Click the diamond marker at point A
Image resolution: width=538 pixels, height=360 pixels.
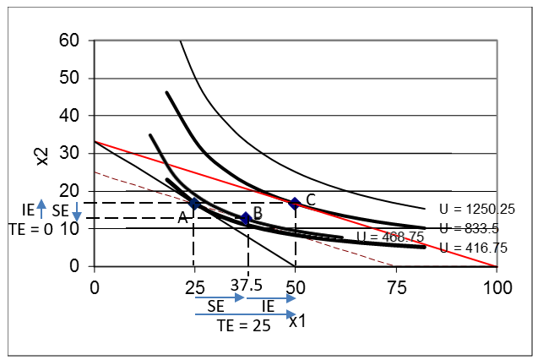194,204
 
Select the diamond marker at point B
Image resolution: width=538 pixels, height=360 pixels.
246,219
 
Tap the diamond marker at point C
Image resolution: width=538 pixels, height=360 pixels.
295,204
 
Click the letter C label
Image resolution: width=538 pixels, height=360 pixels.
311,199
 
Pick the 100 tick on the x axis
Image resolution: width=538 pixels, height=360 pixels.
497,286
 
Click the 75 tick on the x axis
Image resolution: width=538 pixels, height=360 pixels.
396,286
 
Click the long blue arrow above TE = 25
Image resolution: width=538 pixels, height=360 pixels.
245,314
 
